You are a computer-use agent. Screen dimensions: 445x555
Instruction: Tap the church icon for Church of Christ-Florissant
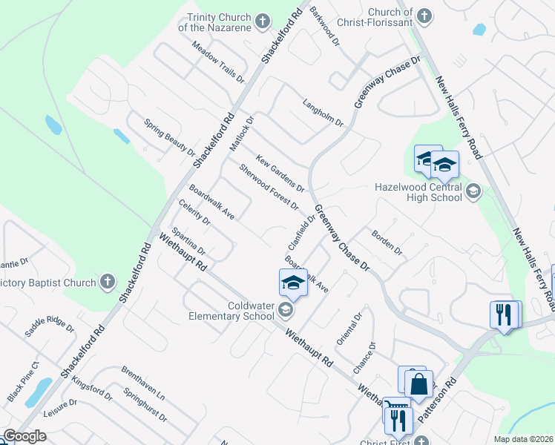point(424,16)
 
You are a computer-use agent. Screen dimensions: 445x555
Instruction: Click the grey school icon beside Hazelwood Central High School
point(473,193)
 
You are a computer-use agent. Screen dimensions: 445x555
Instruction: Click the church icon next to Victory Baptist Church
point(108,282)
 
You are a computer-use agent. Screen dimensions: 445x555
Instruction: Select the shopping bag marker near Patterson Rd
point(418,383)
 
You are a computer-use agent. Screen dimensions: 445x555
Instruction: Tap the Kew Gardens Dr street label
point(280,174)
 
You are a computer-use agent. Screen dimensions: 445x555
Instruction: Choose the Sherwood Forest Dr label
point(268,186)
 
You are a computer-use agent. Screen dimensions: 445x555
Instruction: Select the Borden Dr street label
point(387,242)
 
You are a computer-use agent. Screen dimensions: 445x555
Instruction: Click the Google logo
point(24,436)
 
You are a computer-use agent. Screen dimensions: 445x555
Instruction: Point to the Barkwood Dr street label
point(324,24)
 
